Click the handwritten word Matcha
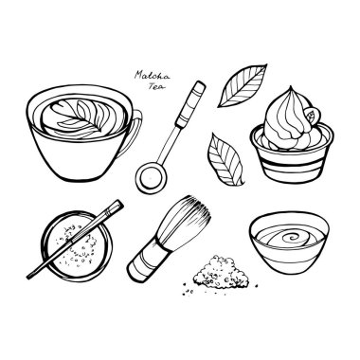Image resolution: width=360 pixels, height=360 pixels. click(x=152, y=76)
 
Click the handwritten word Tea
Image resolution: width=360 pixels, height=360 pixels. click(x=156, y=86)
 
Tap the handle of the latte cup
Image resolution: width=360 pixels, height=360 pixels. click(x=134, y=133)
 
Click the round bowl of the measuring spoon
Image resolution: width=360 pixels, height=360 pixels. click(x=151, y=177)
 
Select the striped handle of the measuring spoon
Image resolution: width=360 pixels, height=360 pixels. click(x=190, y=104)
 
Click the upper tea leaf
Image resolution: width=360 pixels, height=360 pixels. click(x=242, y=85)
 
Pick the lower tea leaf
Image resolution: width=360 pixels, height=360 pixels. click(x=225, y=159)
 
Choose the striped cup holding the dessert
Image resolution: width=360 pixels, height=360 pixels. click(x=292, y=159)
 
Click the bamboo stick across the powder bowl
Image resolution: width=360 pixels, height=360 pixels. click(x=75, y=240)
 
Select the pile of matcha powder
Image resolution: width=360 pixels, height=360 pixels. click(x=221, y=272)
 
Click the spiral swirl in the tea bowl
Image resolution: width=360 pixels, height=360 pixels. click(x=292, y=238)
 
